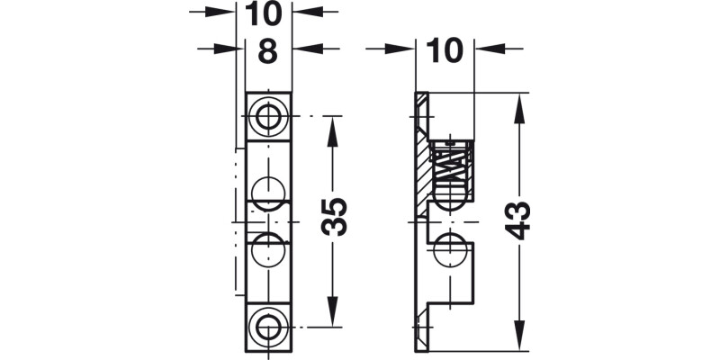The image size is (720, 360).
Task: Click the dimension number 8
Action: [x=267, y=51]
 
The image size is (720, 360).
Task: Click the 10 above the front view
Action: [x=267, y=13]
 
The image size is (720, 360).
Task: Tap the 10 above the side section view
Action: [x=445, y=51]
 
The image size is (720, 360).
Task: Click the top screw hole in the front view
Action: [x=267, y=116]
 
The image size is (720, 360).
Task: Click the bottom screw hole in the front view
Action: [x=267, y=325]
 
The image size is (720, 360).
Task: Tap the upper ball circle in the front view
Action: [x=267, y=192]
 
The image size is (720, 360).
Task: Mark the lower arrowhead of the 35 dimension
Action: [x=334, y=317]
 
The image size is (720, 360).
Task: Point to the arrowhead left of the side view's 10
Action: [x=406, y=50]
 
